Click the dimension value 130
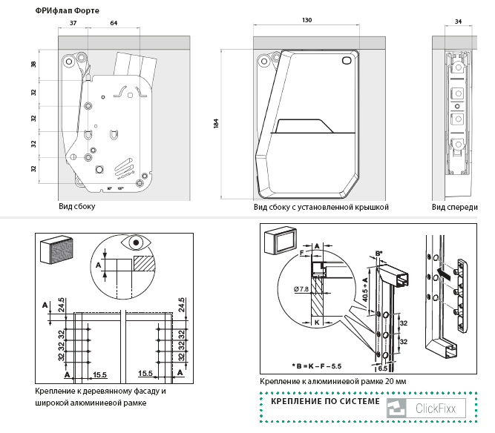pos(306,20)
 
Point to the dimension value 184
pos(215,124)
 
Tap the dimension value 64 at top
pos(114,24)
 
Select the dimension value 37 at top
pos(73,24)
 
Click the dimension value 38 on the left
pos(33,65)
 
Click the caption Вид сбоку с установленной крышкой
pos(321,208)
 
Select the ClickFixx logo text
pos(440,408)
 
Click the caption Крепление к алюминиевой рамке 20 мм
pos(333,382)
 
